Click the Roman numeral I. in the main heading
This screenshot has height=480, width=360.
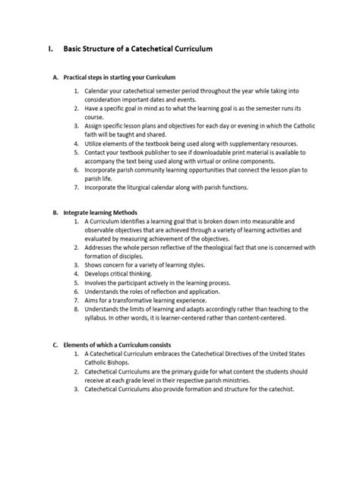(x=51, y=49)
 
